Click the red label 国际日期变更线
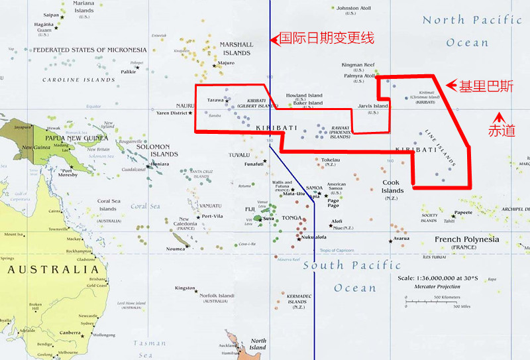[x=327, y=38]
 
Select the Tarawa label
[x=215, y=100]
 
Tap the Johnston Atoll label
[x=356, y=9]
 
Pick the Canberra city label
[x=70, y=332]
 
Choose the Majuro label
[x=227, y=63]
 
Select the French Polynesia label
[x=466, y=239]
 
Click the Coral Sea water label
[x=145, y=206]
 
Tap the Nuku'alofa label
[x=313, y=237]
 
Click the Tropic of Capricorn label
[x=342, y=250]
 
